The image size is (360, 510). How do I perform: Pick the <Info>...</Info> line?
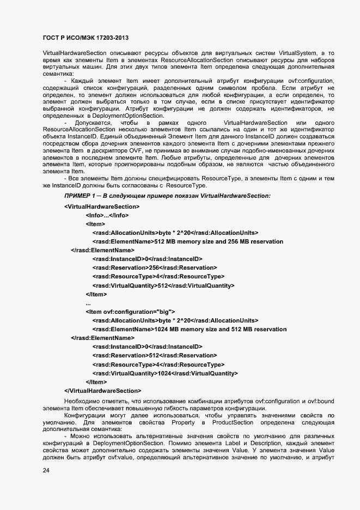tap(107, 215)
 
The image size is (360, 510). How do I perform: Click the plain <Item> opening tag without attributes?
tap(95, 224)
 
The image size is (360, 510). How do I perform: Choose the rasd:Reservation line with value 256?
tap(154, 268)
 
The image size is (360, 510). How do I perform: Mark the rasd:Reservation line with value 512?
tap(154, 355)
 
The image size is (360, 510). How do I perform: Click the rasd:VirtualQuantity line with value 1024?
tap(165, 373)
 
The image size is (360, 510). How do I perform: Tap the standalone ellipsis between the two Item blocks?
tap(88, 303)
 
